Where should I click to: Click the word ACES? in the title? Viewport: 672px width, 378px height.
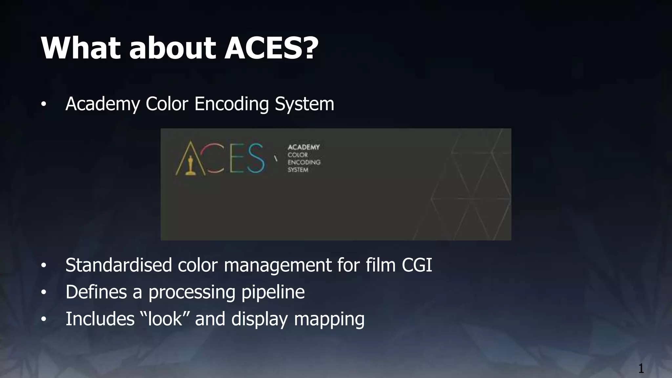271,48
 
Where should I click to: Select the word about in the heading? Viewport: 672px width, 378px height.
172,48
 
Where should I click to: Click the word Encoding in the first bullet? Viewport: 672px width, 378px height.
232,104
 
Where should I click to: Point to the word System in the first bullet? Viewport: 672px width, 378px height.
304,104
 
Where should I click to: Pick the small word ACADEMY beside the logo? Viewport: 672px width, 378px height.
304,147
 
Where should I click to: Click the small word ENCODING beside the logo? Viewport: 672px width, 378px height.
304,162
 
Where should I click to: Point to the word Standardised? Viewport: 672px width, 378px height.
118,265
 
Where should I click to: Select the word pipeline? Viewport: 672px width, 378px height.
273,292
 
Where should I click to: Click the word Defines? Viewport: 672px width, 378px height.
96,292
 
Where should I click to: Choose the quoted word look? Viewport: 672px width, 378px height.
165,319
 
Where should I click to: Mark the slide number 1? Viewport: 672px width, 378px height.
641,368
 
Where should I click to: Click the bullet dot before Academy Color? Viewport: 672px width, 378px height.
44,105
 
